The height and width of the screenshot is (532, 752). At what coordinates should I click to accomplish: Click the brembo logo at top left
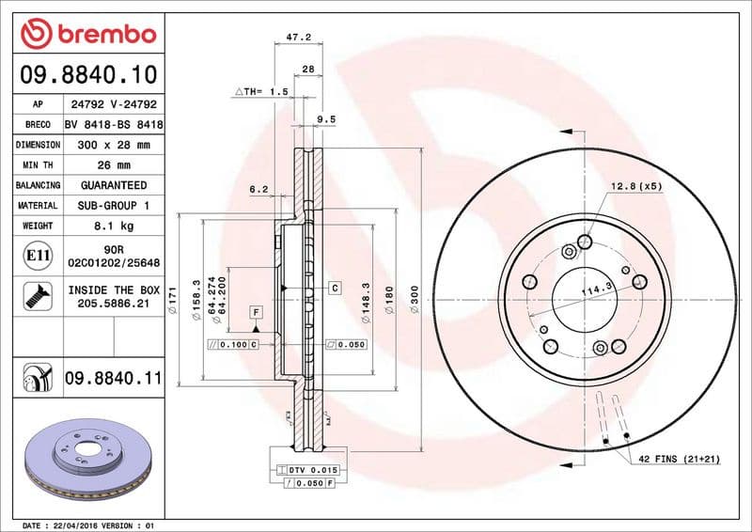point(87,34)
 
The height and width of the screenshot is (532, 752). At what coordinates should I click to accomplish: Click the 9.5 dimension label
point(325,119)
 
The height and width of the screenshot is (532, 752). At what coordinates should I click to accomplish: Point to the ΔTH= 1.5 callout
point(260,92)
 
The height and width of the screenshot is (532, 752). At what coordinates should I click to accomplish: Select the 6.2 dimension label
point(258,189)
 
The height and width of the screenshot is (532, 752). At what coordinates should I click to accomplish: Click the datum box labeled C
point(334,286)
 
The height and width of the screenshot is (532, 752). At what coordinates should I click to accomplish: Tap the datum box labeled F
point(255,311)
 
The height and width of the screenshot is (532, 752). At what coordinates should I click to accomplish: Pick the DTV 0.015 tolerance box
point(310,468)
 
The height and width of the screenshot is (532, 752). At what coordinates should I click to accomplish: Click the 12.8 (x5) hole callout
point(636,186)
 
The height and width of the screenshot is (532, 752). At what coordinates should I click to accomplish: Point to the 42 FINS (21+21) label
point(679,458)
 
